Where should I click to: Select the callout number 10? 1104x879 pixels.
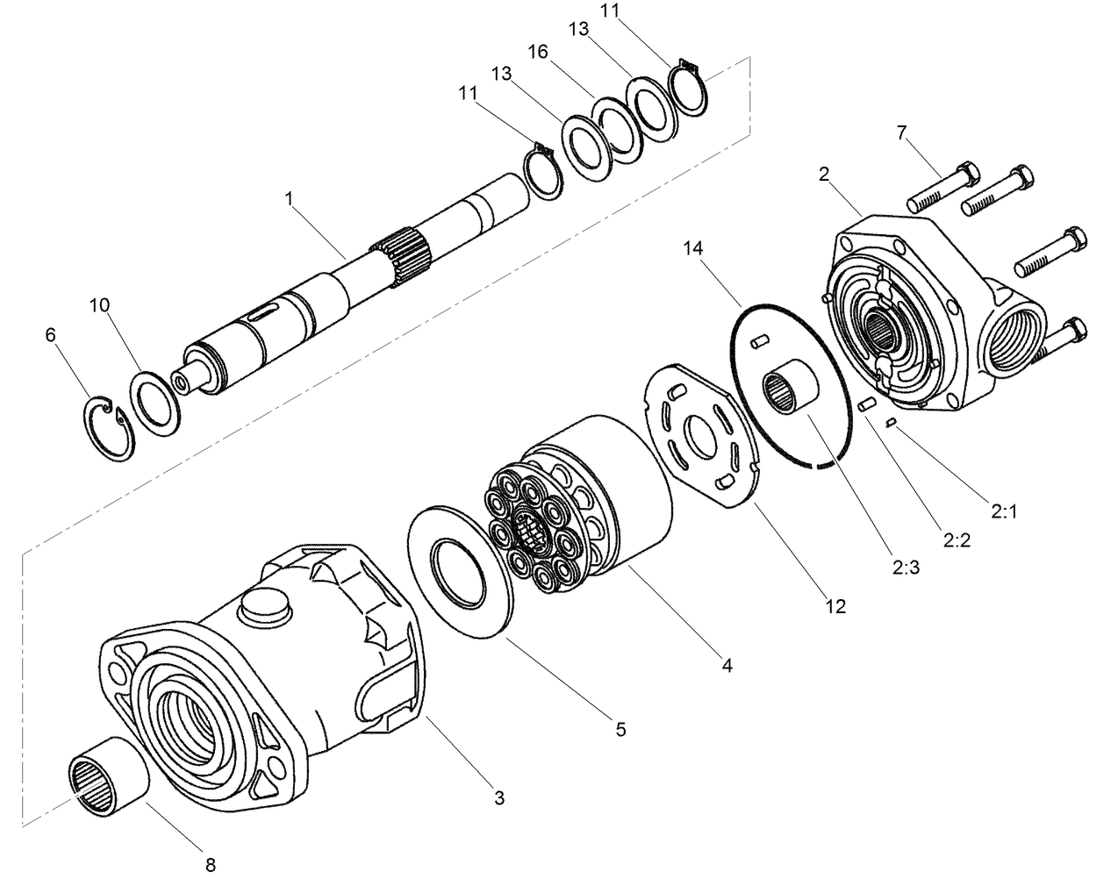coord(99,305)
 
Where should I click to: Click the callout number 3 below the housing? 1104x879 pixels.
coord(498,797)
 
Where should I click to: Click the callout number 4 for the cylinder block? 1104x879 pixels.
coord(726,666)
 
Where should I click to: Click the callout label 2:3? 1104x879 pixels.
coord(904,568)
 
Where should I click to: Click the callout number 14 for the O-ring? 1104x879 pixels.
coord(693,248)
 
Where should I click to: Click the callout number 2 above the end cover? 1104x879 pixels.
coord(823,175)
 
